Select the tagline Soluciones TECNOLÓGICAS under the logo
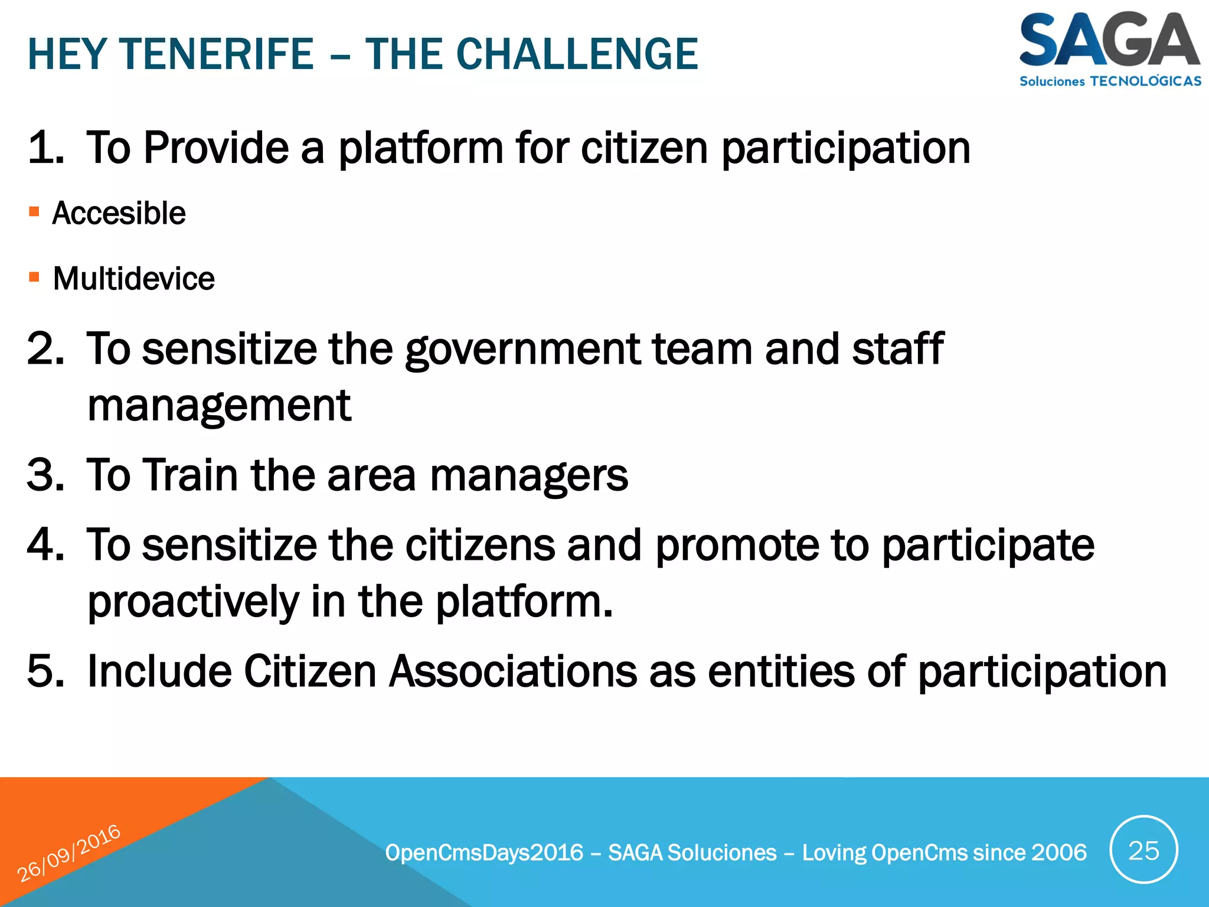pyautogui.click(x=1110, y=81)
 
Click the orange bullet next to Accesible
pyautogui.click(x=34, y=211)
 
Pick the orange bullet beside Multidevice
pyautogui.click(x=34, y=277)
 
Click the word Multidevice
pyautogui.click(x=134, y=279)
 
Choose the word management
pyautogui.click(x=219, y=406)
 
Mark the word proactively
pyautogui.click(x=194, y=602)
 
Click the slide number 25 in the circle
pyautogui.click(x=1143, y=850)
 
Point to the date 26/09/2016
pyautogui.click(x=69, y=853)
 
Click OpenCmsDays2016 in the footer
pyautogui.click(x=484, y=853)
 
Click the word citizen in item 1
pyautogui.click(x=644, y=148)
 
